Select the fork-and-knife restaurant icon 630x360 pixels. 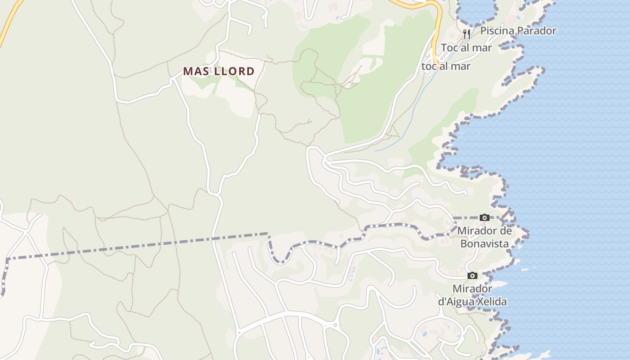pyautogui.click(x=467, y=34)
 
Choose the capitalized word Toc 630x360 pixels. pyautogui.click(x=450, y=48)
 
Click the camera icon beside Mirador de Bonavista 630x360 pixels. pyautogui.click(x=485, y=218)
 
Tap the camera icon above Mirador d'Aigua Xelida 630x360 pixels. pyautogui.click(x=472, y=275)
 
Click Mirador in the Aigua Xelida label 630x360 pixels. pyautogui.click(x=472, y=288)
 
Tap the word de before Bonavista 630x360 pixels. pyautogui.click(x=506, y=231)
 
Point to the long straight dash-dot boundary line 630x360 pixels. pyautogui.click(x=135, y=246)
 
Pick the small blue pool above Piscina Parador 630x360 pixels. pyautogui.click(x=519, y=18)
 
